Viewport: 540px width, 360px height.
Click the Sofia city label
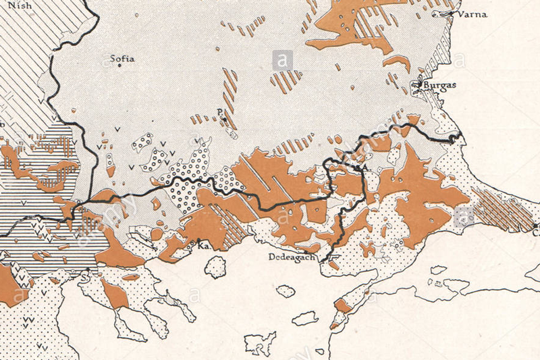coord(123,59)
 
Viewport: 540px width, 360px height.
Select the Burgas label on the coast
coord(441,86)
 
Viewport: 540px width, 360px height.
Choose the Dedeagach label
coord(292,257)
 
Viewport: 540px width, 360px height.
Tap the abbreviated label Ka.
coord(202,247)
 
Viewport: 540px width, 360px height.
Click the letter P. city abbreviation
coord(219,111)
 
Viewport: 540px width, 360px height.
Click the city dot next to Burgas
coord(420,86)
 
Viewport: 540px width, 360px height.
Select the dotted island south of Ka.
coord(216,267)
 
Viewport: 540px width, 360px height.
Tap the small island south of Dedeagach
coord(286,291)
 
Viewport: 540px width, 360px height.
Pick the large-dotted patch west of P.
coord(143,143)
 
